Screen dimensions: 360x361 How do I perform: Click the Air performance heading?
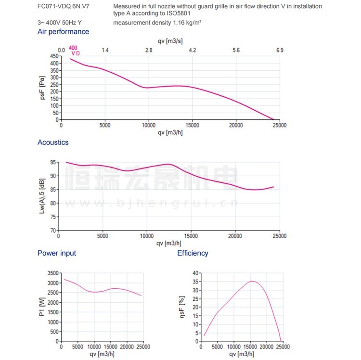click(63, 32)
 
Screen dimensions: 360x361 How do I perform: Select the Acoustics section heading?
click(53, 142)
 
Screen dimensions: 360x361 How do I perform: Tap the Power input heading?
click(57, 253)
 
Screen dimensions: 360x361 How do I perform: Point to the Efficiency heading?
click(193, 253)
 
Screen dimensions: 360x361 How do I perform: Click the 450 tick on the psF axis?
click(54, 56)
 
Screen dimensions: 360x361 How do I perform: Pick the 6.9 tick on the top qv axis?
click(280, 51)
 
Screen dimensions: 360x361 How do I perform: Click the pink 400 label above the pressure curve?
click(73, 48)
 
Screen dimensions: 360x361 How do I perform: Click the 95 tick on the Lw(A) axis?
click(53, 162)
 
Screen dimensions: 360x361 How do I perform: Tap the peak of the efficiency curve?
click(252, 281)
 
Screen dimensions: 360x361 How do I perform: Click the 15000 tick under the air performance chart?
click(192, 126)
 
